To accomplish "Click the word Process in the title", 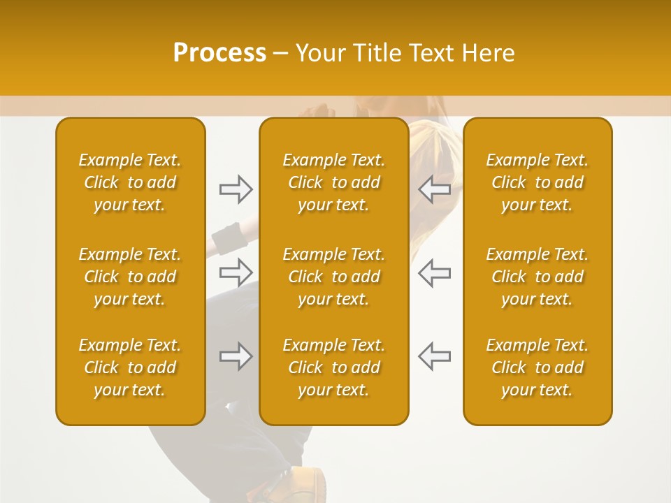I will coord(219,52).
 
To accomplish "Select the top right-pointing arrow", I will coord(236,189).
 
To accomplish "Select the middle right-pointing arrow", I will coord(236,271).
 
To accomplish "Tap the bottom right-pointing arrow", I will coord(236,356).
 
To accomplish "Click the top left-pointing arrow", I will coord(434,189).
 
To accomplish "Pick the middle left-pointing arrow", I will coord(434,271).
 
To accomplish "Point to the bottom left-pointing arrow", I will coord(434,356).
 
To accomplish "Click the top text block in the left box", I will coord(130,182).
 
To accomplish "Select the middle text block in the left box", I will coord(130,277).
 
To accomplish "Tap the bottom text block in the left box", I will coord(130,367).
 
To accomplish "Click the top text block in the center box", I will coord(333,182).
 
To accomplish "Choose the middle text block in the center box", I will coord(333,277).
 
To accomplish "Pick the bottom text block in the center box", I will coord(333,367).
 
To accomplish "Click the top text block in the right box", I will coord(537,182).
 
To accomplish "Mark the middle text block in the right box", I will coord(537,277).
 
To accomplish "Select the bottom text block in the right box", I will coord(537,367).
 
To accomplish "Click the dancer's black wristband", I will coord(226,239).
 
